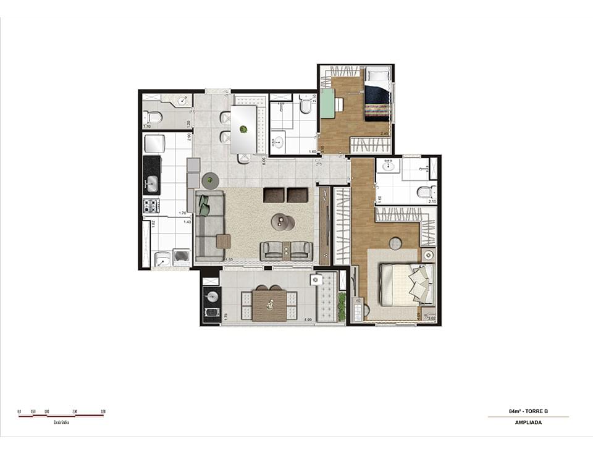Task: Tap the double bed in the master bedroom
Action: [x=405, y=284]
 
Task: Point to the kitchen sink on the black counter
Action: [x=152, y=183]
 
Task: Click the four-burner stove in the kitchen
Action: [x=151, y=206]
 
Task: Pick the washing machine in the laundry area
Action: [x=182, y=256]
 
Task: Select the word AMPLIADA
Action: [x=528, y=423]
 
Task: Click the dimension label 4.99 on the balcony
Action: [x=306, y=320]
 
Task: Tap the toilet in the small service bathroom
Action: [x=153, y=117]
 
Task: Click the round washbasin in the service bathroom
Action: [x=183, y=101]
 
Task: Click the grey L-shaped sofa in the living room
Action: [x=209, y=225]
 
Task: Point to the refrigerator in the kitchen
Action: [x=154, y=144]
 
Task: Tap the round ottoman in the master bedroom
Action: [x=396, y=243]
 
